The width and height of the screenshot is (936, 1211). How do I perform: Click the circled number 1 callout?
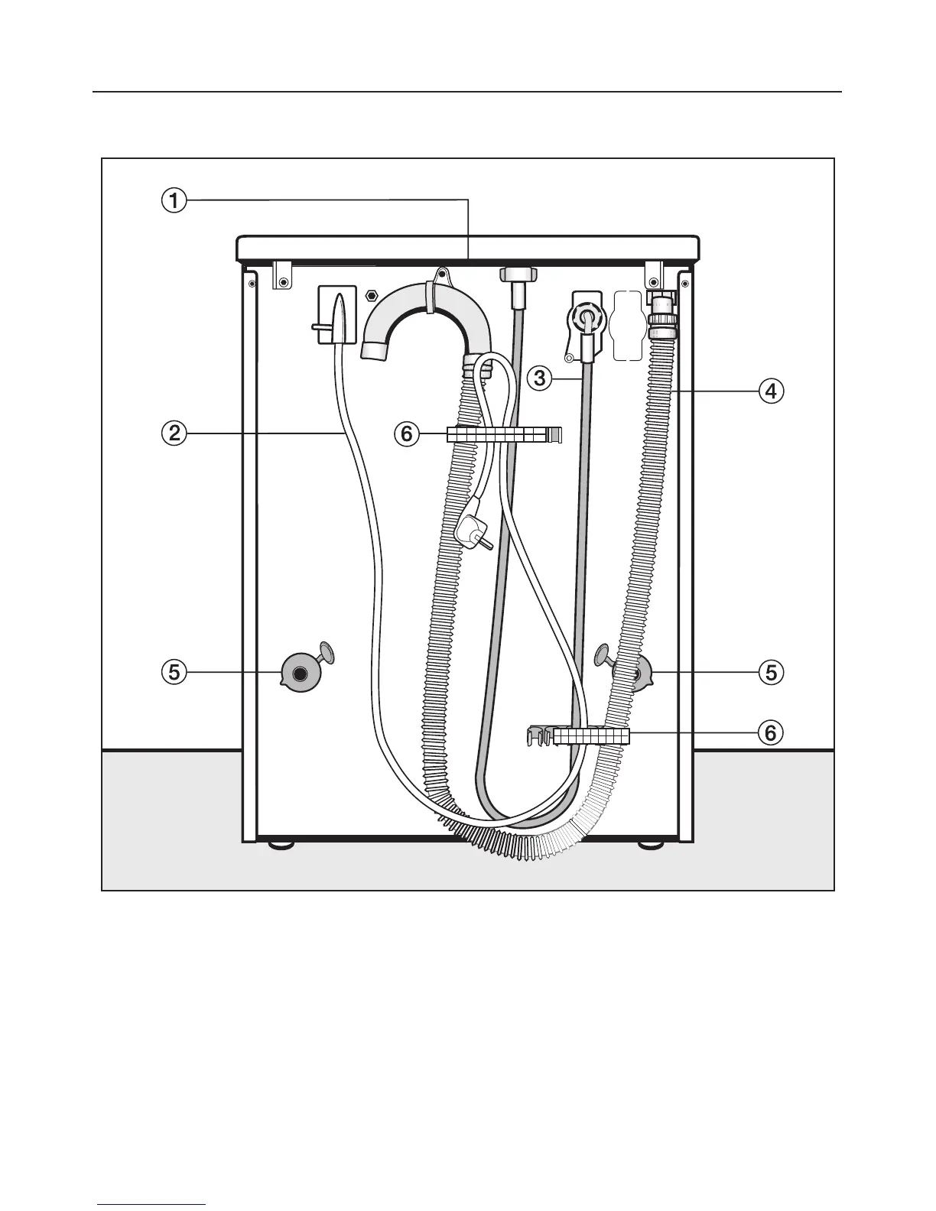[x=175, y=200]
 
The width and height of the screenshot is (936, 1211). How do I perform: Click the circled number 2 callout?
[x=175, y=433]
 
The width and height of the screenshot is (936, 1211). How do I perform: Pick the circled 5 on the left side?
[x=175, y=672]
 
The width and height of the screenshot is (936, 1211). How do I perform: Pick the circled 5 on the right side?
[x=770, y=672]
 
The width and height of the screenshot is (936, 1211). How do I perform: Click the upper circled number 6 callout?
[x=406, y=434]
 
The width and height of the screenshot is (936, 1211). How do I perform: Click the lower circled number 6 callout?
[x=770, y=732]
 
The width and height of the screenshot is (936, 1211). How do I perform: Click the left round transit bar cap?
[x=299, y=672]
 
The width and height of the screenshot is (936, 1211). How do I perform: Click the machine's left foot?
[x=281, y=846]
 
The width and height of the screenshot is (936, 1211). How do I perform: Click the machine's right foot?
[x=651, y=846]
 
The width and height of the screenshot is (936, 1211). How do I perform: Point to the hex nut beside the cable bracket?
[x=373, y=294]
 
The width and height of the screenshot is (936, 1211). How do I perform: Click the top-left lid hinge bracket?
[x=282, y=275]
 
